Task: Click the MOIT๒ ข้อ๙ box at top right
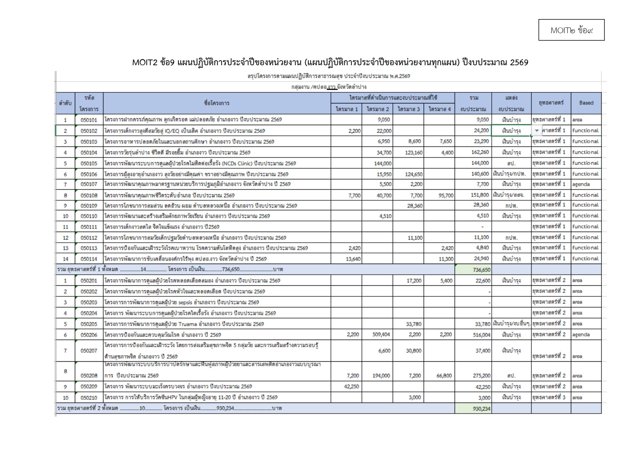pyautogui.click(x=571, y=30)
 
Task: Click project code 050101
pyautogui.click(x=89, y=120)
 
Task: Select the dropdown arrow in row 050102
pyautogui.click(x=537, y=131)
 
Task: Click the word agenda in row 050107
pyautogui.click(x=581, y=184)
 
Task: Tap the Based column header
pyautogui.click(x=586, y=103)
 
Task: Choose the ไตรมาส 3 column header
pyautogui.click(x=408, y=109)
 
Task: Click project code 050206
pyautogui.click(x=89, y=335)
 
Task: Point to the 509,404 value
pyautogui.click(x=381, y=335)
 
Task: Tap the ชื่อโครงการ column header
pyautogui.click(x=217, y=103)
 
